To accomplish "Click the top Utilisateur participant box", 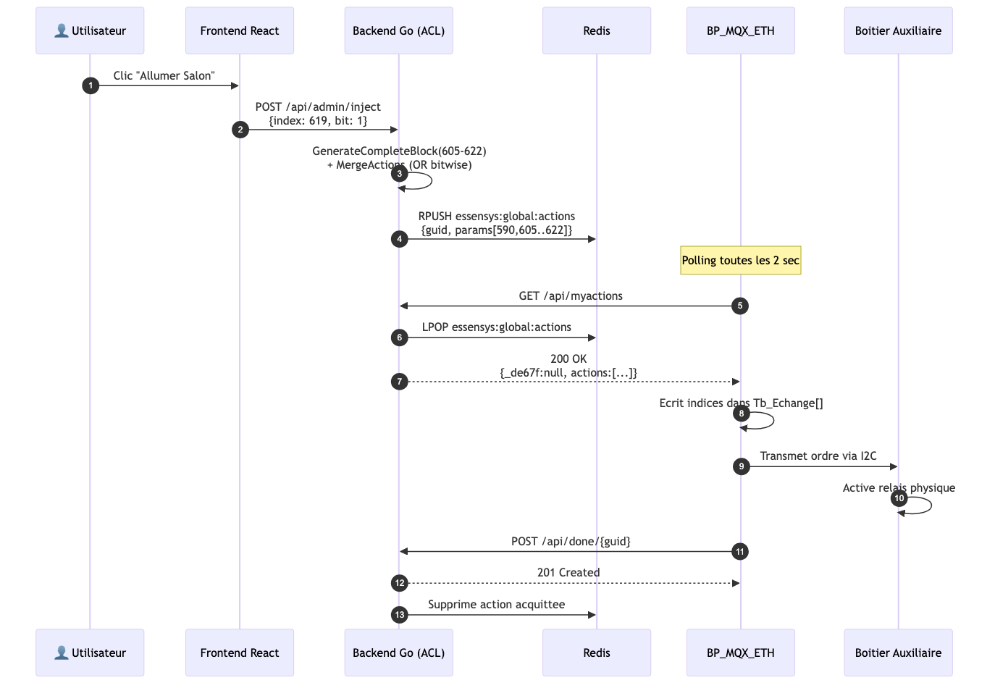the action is click(x=90, y=30).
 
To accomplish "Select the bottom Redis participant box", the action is click(x=597, y=653).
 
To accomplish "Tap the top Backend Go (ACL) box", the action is click(x=399, y=30).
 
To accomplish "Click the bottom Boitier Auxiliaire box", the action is click(x=898, y=653).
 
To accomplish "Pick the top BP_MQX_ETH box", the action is click(x=741, y=30).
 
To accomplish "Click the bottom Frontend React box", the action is click(x=240, y=653).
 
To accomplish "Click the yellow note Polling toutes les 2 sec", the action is click(x=741, y=260).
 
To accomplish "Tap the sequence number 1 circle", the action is click(x=91, y=85).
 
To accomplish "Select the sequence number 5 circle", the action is click(x=740, y=306).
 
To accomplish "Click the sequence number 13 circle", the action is click(x=399, y=615).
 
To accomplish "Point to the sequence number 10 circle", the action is click(x=899, y=498).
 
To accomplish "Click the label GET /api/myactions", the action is click(x=571, y=295).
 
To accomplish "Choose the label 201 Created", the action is click(x=568, y=573).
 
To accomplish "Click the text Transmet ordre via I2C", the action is click(x=818, y=456).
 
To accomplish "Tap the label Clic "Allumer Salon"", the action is click(x=164, y=75).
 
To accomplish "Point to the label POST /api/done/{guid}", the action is click(x=571, y=542).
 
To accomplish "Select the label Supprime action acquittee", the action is click(x=497, y=605).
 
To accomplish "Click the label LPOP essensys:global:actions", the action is click(x=497, y=327).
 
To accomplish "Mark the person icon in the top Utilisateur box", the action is click(x=62, y=30).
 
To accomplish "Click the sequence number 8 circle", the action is click(x=742, y=414).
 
